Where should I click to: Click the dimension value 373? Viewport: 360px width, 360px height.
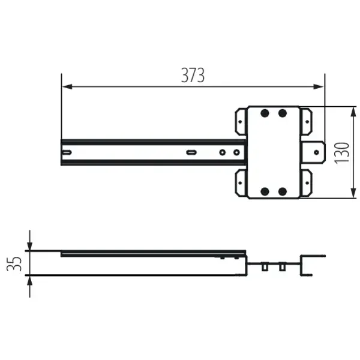pyautogui.click(x=193, y=75)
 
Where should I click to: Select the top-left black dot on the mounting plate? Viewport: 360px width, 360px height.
pyautogui.click(x=264, y=113)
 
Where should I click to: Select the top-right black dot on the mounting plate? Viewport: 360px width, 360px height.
pyautogui.click(x=283, y=113)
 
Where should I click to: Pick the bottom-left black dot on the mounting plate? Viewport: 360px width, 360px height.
pyautogui.click(x=264, y=191)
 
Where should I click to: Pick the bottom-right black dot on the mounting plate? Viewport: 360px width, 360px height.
pyautogui.click(x=283, y=191)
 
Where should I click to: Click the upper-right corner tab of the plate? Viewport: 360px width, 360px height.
pyautogui.click(x=306, y=120)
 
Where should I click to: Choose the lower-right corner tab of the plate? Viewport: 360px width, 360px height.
pyautogui.click(x=306, y=183)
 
